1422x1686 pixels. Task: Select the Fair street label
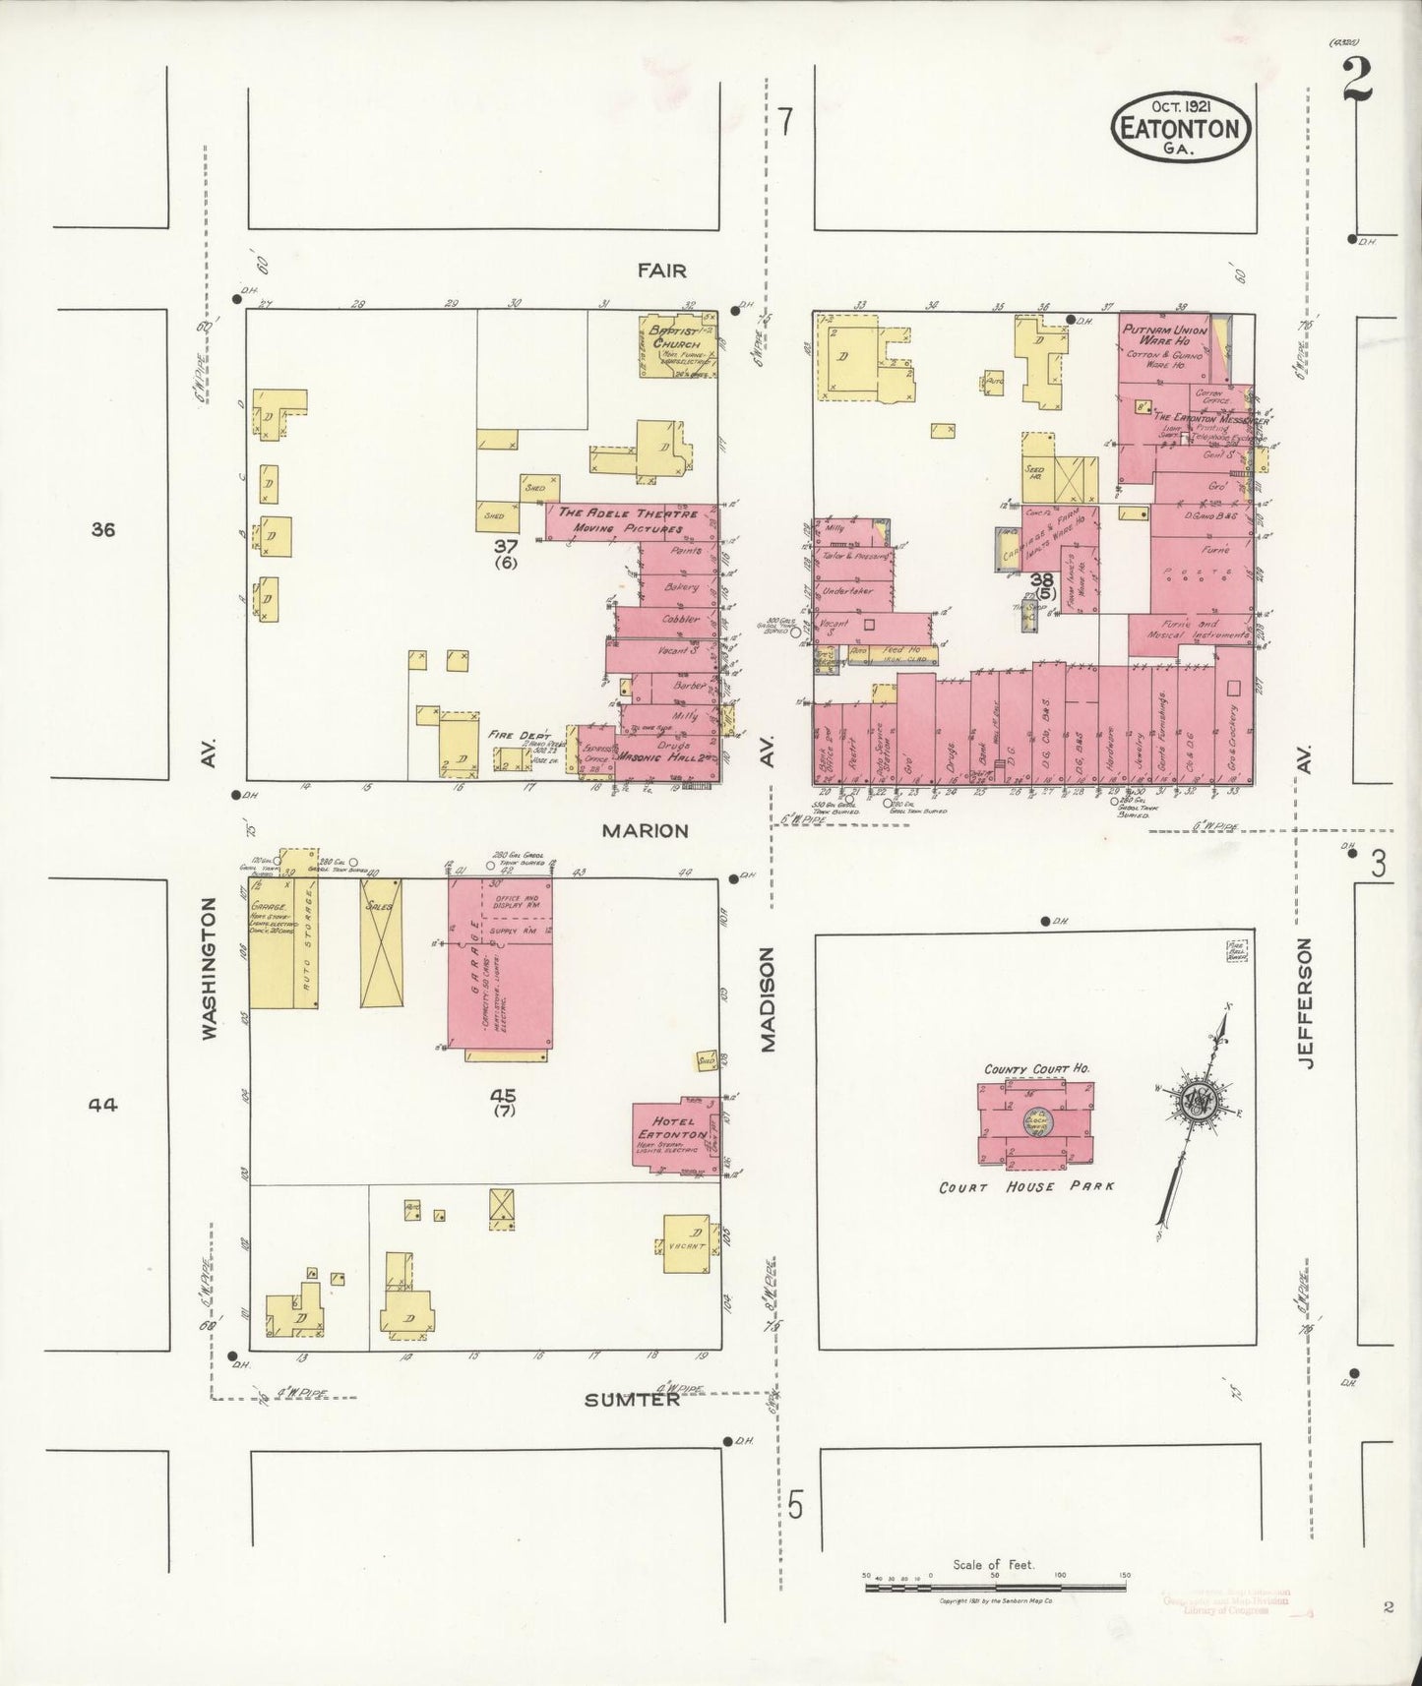click(660, 271)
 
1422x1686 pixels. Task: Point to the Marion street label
click(645, 830)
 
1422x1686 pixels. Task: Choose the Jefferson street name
click(1306, 1003)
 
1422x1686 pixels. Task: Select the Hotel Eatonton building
click(676, 1133)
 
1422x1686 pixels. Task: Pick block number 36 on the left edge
click(102, 530)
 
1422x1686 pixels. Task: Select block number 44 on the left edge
click(102, 1105)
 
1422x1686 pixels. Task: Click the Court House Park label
click(1026, 1186)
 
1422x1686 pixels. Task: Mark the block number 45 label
click(506, 1095)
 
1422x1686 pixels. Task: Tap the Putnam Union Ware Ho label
click(1164, 335)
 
